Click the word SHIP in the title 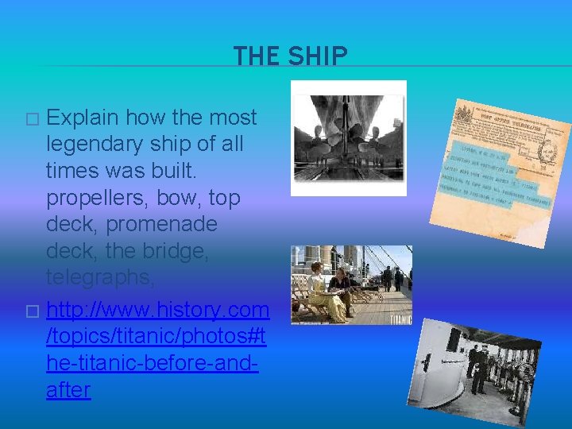(318, 56)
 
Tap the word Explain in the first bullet (82, 118)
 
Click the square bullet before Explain (32, 118)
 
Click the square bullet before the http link (32, 308)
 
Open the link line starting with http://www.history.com (157, 308)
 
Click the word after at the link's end (68, 390)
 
